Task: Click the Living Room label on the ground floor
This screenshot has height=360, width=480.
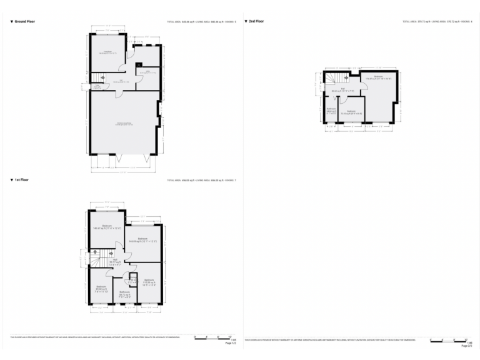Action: [107, 52]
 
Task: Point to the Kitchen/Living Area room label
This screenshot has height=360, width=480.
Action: [124, 124]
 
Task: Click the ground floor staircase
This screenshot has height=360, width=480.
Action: [97, 78]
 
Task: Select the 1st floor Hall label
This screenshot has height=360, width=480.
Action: [115, 261]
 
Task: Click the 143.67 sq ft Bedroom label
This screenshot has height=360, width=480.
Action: [107, 227]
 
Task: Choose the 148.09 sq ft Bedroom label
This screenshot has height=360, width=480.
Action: [142, 240]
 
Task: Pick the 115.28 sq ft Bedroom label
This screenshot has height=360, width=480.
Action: [149, 282]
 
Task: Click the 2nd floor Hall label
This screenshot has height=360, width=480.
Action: [342, 89]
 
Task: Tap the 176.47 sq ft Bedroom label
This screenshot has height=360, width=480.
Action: [378, 79]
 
